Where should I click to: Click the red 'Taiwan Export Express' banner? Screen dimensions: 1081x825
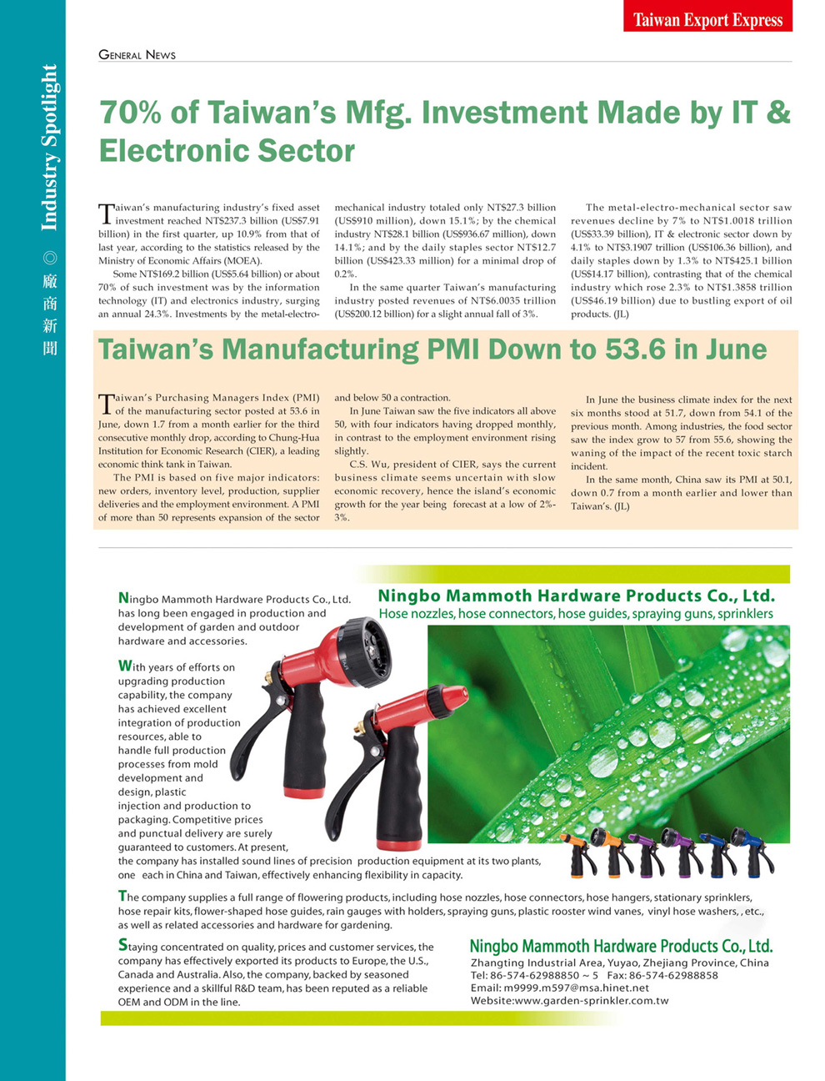(707, 18)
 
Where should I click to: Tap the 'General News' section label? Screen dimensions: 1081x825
(137, 55)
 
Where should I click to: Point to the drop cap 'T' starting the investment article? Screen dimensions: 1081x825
(106, 214)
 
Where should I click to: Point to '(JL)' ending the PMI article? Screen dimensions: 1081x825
(622, 506)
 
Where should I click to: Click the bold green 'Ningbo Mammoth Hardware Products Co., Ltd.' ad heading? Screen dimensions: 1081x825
(576, 596)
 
